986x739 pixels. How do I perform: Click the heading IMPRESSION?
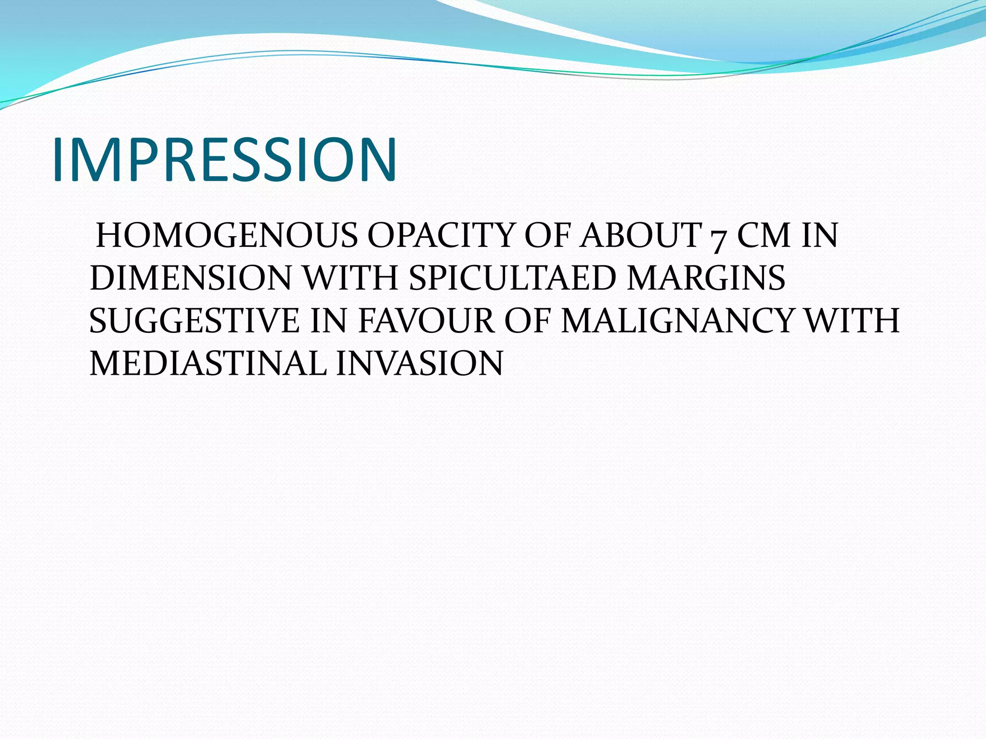(x=224, y=160)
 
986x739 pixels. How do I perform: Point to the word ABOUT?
(x=640, y=236)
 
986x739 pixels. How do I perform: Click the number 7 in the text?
(x=718, y=238)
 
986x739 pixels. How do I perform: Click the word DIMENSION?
(x=191, y=278)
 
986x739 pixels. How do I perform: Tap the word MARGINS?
(x=706, y=278)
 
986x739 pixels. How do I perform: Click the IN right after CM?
(x=820, y=236)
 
